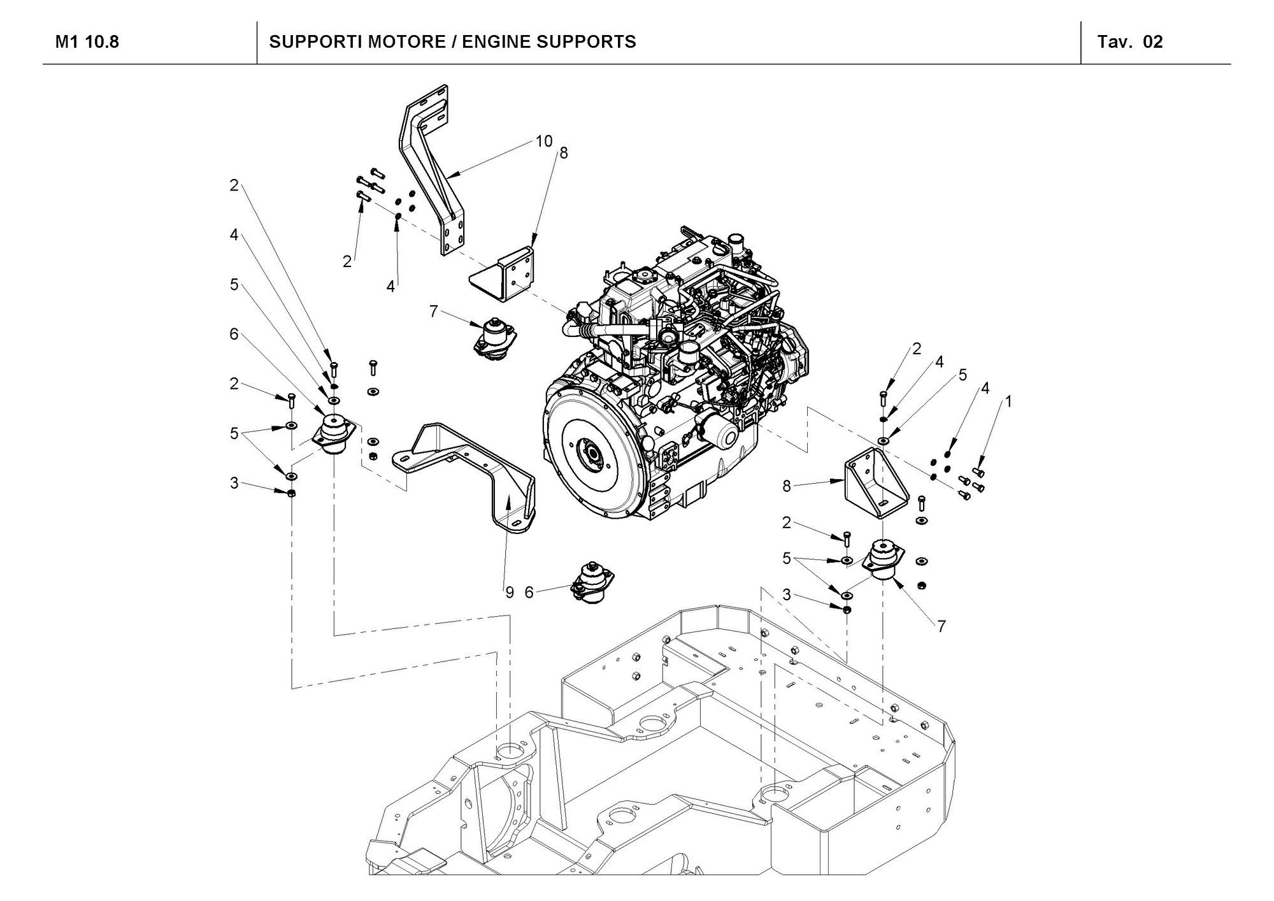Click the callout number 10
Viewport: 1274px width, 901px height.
(x=543, y=141)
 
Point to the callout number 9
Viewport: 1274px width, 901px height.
(x=510, y=593)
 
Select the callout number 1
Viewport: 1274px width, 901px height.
(x=1008, y=401)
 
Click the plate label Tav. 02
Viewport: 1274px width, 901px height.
(x=1130, y=42)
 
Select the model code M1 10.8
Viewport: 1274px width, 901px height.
(x=87, y=42)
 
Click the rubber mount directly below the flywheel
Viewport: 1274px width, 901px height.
(x=592, y=581)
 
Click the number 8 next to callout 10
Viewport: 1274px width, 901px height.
(x=563, y=153)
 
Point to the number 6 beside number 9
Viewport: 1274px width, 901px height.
(x=529, y=593)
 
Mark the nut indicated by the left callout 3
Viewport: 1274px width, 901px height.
(x=291, y=493)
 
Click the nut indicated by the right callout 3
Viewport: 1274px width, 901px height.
(x=847, y=610)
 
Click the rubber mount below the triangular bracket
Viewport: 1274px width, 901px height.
(x=883, y=559)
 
